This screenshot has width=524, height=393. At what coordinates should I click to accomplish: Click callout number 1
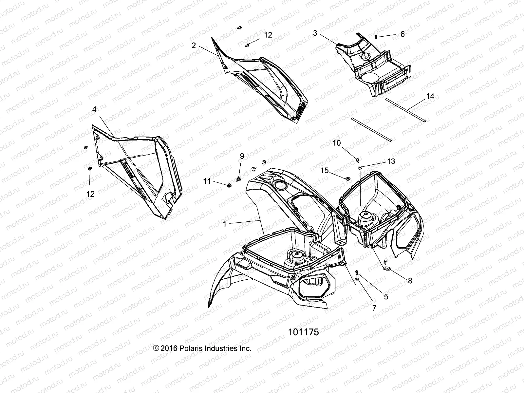click(x=225, y=224)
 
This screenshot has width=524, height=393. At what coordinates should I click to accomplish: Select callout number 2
click(x=194, y=46)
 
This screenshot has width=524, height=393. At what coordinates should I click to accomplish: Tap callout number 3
click(x=315, y=33)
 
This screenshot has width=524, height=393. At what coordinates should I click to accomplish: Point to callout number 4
click(x=94, y=109)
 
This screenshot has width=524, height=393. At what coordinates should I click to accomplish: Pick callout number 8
click(x=410, y=281)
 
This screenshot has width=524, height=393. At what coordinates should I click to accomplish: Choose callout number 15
click(x=324, y=170)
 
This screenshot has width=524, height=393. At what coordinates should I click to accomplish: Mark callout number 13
click(x=391, y=161)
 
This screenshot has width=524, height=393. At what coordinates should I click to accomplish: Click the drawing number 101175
click(x=303, y=332)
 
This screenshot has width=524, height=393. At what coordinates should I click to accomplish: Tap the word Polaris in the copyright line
click(x=190, y=348)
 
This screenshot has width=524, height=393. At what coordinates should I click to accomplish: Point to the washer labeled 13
click(x=360, y=168)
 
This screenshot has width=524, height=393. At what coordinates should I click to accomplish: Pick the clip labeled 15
click(x=347, y=178)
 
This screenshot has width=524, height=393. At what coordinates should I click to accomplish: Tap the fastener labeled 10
click(x=358, y=159)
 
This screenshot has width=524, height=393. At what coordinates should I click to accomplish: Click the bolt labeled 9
click(x=238, y=179)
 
